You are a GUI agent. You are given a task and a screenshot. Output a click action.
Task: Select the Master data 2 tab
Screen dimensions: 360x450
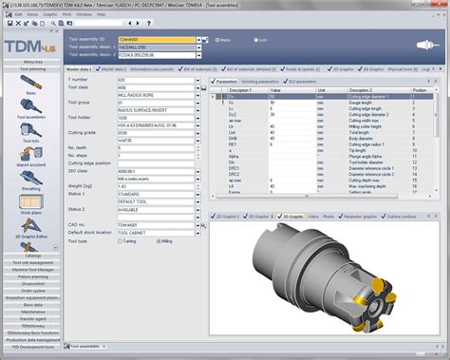coord(112,69)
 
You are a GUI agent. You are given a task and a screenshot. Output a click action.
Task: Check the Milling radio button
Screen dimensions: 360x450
coord(161,240)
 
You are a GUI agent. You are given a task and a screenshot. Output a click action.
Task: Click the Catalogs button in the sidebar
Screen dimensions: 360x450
coord(32,256)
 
